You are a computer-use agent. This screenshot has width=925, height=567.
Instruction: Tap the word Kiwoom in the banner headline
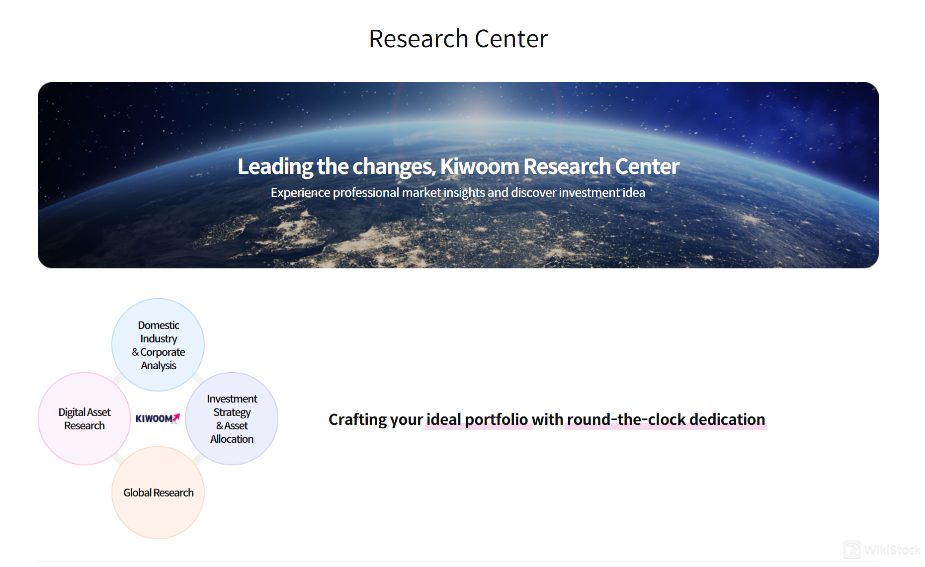click(x=479, y=166)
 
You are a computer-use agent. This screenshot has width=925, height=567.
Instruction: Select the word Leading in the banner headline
click(x=275, y=166)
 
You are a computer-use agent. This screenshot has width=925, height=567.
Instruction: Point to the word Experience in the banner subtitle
click(x=300, y=193)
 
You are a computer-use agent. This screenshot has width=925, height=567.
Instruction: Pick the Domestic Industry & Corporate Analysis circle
click(x=158, y=345)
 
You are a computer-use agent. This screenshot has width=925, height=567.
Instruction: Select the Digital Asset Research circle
click(x=84, y=419)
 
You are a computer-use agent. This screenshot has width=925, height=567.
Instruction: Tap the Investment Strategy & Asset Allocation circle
click(x=232, y=419)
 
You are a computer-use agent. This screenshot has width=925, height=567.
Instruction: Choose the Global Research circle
click(x=158, y=492)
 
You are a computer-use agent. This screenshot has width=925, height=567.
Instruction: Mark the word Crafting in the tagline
click(x=357, y=419)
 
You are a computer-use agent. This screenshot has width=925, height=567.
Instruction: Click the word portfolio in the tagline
click(x=496, y=419)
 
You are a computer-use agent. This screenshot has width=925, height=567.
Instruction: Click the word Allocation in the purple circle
click(x=232, y=439)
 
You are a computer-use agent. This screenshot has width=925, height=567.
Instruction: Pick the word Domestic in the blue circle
click(x=159, y=325)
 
